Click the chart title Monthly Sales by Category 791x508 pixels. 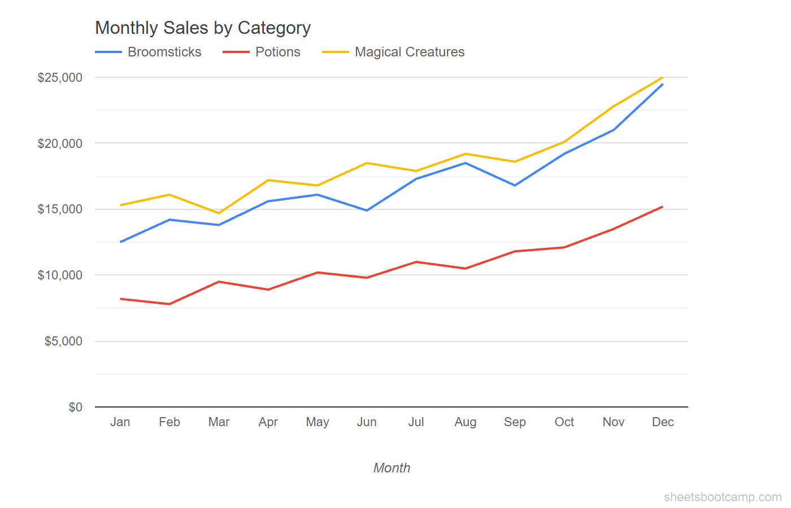coord(203,28)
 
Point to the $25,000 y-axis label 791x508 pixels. coord(60,77)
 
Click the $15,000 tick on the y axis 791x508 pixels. coord(60,209)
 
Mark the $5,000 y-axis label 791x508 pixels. coord(63,341)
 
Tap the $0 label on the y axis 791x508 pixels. coord(75,407)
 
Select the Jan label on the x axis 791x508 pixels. coord(120,422)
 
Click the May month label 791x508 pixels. coord(318,422)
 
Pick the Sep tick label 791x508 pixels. coord(515,422)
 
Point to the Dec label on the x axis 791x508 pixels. coord(663,422)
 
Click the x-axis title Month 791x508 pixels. coord(392,468)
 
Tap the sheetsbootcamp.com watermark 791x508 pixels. coord(723,497)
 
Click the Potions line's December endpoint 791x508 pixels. coord(662,207)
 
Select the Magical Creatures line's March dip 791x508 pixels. coord(219,213)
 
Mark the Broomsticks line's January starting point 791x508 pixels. coord(121,242)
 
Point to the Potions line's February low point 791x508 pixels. coord(169,304)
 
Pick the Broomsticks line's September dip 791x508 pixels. coord(515,185)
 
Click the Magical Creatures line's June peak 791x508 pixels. coord(367,163)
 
